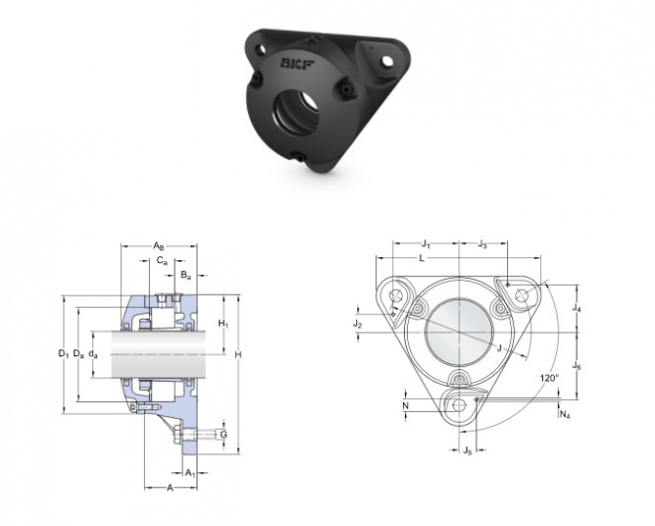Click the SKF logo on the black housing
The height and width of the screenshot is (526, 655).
coord(298,64)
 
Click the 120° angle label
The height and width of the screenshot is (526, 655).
coord(549,378)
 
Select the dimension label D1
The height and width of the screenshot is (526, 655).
coord(64,354)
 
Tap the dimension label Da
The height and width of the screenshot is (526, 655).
coord(78,354)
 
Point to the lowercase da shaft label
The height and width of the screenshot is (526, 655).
coord(93,354)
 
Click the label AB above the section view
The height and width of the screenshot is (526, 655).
coord(159,245)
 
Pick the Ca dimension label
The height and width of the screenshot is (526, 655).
coord(162,261)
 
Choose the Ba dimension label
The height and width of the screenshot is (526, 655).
coord(186,275)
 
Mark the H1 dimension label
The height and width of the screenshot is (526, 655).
coord(223,324)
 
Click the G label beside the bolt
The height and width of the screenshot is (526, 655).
coord(223,435)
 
